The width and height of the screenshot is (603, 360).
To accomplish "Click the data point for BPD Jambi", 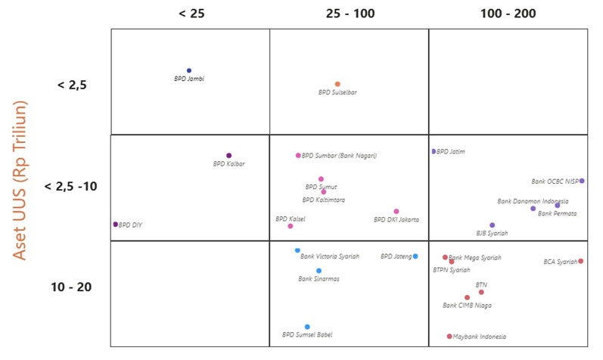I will pyautogui.click(x=189, y=70).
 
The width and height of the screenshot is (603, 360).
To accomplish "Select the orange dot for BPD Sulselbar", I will pyautogui.click(x=337, y=84).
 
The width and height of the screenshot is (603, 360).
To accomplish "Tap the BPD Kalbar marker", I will pyautogui.click(x=228, y=156).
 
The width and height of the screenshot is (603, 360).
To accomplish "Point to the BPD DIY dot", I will pyautogui.click(x=115, y=225).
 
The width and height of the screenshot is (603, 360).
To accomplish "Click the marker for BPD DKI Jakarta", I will pyautogui.click(x=396, y=212).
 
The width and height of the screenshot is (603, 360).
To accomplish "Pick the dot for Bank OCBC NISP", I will pyautogui.click(x=582, y=181).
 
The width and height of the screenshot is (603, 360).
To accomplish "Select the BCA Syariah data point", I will pyautogui.click(x=580, y=261).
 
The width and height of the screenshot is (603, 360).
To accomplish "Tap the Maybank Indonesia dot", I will pyautogui.click(x=449, y=337).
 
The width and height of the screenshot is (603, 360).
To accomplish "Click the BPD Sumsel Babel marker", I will pyautogui.click(x=307, y=327).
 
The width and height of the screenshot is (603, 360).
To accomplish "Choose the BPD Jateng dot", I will pyautogui.click(x=415, y=256).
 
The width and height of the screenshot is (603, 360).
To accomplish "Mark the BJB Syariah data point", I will pyautogui.click(x=492, y=225).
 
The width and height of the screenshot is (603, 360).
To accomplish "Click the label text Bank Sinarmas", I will pyautogui.click(x=319, y=278).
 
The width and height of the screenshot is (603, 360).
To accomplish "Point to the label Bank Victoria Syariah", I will pyautogui.click(x=330, y=256).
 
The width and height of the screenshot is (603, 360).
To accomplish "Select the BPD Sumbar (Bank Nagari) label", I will pyautogui.click(x=339, y=156).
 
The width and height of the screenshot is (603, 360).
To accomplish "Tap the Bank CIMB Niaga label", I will pyautogui.click(x=467, y=306).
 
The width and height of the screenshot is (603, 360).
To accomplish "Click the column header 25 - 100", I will pyautogui.click(x=350, y=14).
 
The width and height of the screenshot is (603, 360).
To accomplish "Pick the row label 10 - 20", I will pyautogui.click(x=72, y=287).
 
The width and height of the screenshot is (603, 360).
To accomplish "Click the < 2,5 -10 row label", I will pyautogui.click(x=72, y=186).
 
